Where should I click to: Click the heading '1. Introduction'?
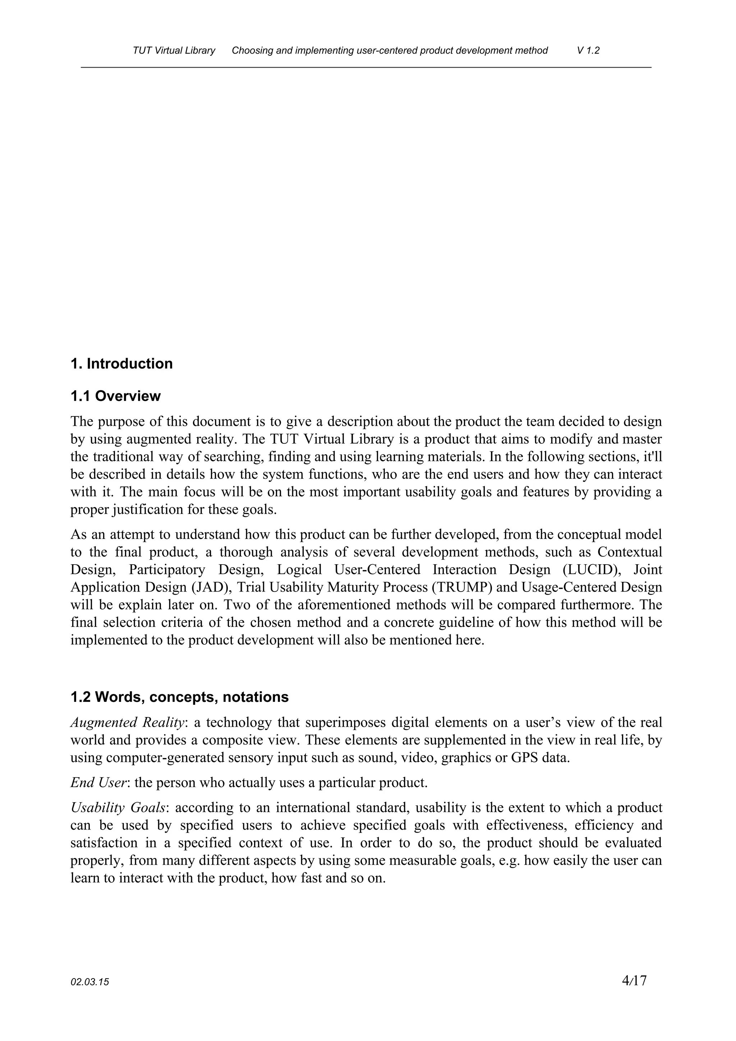click(121, 364)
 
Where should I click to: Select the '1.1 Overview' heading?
click(116, 396)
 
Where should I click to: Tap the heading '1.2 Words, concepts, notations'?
click(179, 697)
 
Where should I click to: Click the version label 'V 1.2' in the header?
click(588, 50)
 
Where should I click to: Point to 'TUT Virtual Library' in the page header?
click(174, 50)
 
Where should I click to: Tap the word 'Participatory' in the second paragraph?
click(167, 570)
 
